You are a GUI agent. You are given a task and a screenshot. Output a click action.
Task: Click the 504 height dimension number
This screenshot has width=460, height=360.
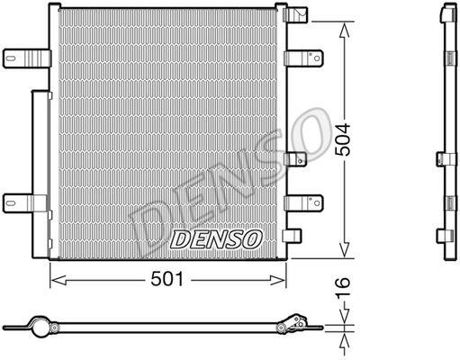343,139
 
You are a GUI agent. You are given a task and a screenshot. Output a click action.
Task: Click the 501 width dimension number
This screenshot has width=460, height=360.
167,279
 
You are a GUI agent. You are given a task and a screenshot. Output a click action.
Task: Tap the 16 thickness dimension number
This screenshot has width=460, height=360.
343,287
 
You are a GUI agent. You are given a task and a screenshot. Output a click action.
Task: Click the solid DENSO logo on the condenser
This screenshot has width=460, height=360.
216,239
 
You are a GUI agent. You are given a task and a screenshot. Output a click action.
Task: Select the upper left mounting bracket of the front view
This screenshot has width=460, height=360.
27,58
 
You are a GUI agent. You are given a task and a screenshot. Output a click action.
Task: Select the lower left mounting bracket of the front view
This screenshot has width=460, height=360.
25,203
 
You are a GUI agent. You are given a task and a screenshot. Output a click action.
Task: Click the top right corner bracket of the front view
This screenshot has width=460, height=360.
295,14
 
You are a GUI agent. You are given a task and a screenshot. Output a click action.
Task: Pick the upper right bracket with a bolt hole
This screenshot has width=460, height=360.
303,58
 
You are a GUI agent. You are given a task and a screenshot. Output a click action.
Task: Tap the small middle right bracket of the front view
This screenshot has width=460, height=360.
295,159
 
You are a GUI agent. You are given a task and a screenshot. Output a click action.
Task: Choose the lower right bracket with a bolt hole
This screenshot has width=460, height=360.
303,203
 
